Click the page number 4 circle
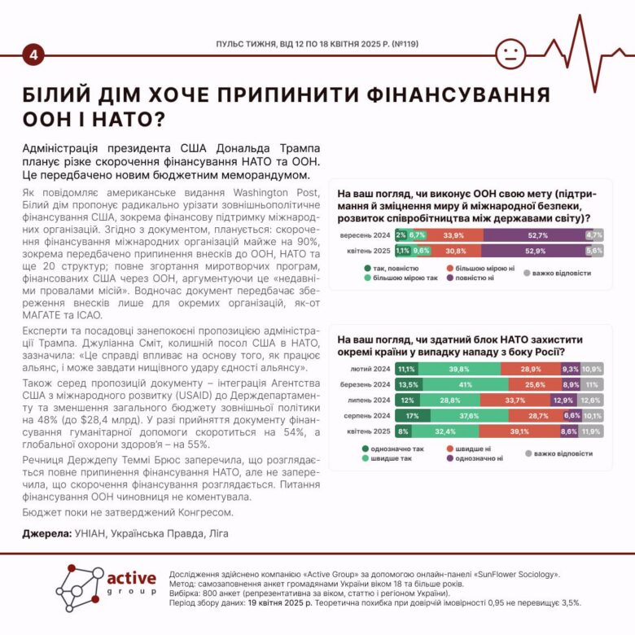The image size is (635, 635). tap(33, 55)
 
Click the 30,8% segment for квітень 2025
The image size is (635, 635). tap(456, 251)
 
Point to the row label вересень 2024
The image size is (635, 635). tap(366, 235)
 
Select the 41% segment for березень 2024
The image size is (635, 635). tap(464, 384)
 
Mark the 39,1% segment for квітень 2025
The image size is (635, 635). tap(513, 431)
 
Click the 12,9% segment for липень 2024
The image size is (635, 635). tap(563, 400)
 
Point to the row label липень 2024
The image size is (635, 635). tap(370, 400)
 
